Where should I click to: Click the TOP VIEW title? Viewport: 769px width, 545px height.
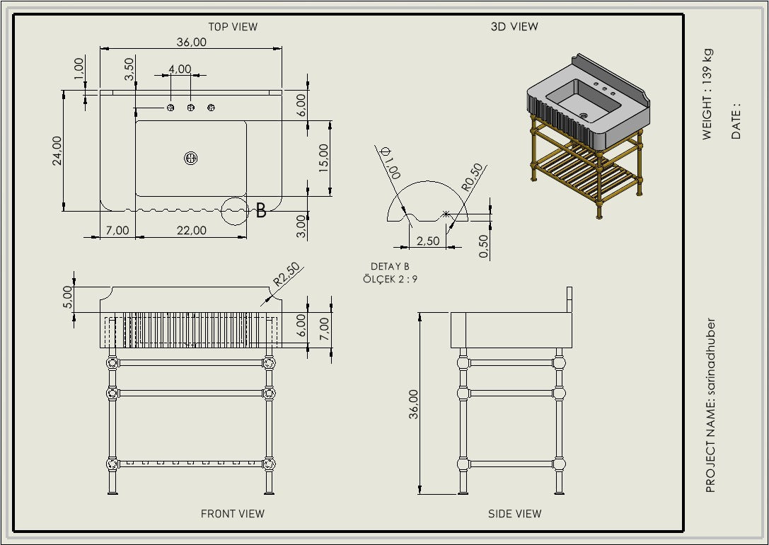(x=233, y=27)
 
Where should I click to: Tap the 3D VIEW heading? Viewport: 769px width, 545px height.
(x=514, y=27)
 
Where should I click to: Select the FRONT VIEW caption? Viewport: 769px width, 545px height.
(x=233, y=514)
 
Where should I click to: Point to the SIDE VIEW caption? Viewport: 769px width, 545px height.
(x=514, y=514)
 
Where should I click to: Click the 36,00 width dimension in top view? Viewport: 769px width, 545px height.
(x=191, y=42)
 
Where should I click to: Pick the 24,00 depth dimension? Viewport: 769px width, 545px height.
(x=57, y=150)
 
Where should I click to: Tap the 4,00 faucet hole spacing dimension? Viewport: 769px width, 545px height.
(x=180, y=69)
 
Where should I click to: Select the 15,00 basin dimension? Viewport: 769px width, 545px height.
(x=323, y=158)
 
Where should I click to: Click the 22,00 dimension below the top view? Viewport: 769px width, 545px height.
(x=191, y=230)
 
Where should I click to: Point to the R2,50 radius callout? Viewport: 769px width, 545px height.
(x=287, y=275)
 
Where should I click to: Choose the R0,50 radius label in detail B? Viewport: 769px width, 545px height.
(x=471, y=177)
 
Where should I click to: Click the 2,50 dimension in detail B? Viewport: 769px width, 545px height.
(x=427, y=241)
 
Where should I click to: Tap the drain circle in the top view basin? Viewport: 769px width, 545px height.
(x=190, y=159)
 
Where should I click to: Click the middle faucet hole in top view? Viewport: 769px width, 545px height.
(x=190, y=108)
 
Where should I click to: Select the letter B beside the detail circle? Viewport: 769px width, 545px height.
(x=261, y=210)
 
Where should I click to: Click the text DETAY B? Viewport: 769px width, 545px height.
(x=390, y=266)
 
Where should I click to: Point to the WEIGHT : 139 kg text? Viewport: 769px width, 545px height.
(x=707, y=93)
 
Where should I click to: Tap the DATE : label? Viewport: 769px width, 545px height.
(x=736, y=122)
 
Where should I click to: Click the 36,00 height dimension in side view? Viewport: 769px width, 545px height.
(x=414, y=403)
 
